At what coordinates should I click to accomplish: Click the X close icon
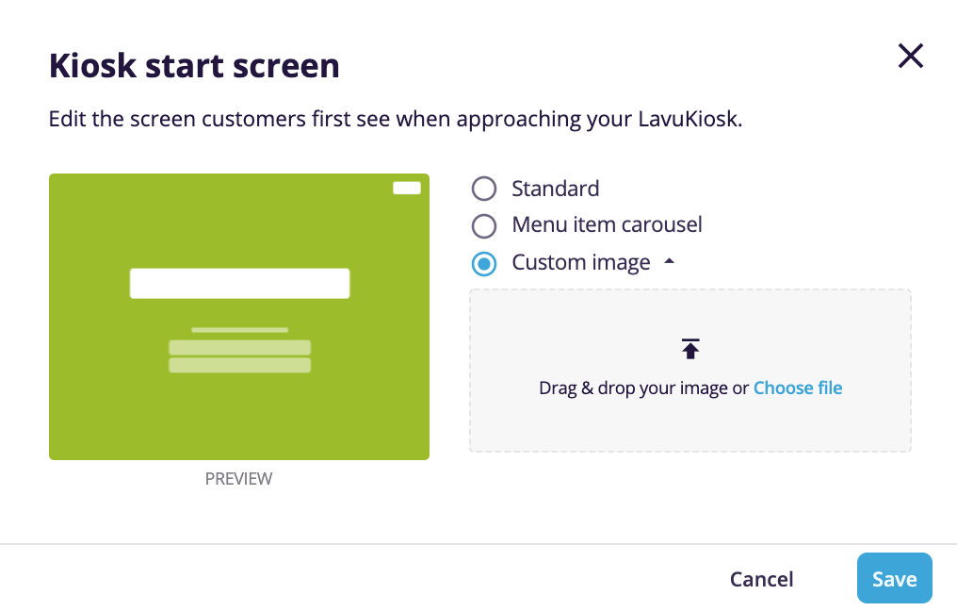pos(910,57)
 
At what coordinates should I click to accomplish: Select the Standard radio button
pos(483,189)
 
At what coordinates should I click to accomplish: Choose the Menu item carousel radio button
pos(483,226)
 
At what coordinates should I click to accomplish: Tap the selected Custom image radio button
pos(483,264)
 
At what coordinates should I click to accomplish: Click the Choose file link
pos(797,388)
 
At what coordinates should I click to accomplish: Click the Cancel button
pos(761,579)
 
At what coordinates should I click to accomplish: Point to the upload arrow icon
pos(690,349)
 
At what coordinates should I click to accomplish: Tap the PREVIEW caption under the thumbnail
pos(238,479)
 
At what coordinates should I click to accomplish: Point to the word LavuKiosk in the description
pos(693,120)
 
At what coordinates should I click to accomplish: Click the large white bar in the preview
pos(239,283)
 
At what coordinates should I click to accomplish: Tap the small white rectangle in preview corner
pos(406,188)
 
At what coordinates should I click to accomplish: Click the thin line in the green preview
pos(239,330)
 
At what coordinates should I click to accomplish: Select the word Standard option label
pos(555,189)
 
